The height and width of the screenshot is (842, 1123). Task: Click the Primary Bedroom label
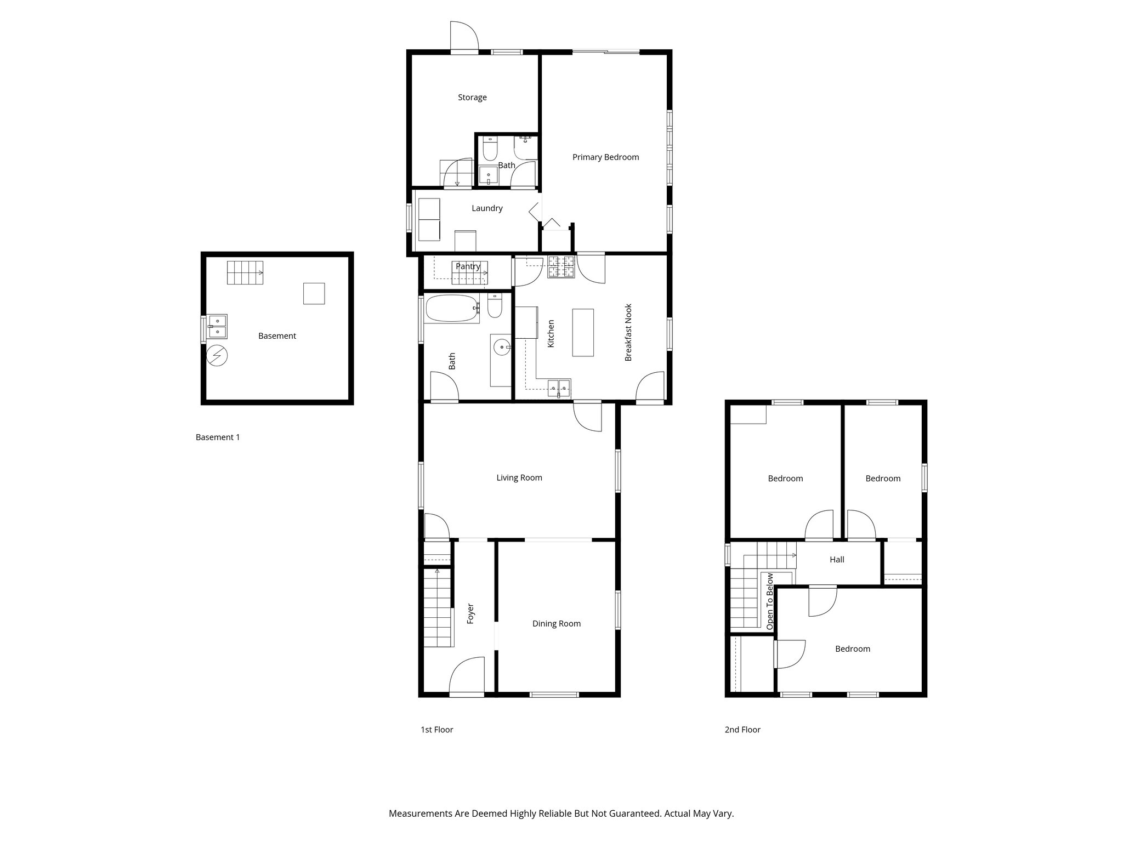605,157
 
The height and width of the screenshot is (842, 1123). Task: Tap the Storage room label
472,98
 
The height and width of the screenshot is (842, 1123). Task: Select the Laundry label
487,208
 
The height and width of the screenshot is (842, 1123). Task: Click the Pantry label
468,266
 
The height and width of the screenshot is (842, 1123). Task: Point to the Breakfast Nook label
628,332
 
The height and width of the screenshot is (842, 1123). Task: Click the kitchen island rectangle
583,332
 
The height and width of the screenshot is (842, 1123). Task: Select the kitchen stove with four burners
561,267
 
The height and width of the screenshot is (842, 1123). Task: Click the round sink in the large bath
501,346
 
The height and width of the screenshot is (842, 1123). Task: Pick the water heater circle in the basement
217,356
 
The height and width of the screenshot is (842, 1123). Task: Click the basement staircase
245,272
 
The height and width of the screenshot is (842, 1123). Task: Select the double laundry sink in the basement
217,327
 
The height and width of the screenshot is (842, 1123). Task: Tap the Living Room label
519,478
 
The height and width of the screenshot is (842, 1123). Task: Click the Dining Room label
556,624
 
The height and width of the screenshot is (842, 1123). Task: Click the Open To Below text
770,601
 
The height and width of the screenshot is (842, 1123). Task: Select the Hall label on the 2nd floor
837,560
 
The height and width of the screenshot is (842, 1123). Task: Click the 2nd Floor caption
742,730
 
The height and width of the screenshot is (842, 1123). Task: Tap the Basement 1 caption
218,437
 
